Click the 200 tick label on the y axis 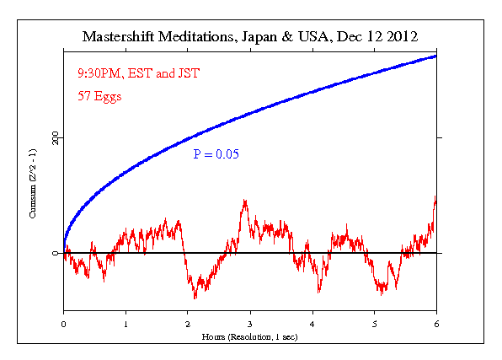click(x=56, y=137)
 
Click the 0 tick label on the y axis click(x=56, y=253)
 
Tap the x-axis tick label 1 click(x=125, y=323)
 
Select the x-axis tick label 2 click(x=188, y=323)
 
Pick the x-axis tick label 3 click(x=250, y=323)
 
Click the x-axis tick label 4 click(x=312, y=323)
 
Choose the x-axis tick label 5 click(x=375, y=323)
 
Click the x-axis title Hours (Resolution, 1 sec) click(x=250, y=336)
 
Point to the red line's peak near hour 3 click(x=244, y=201)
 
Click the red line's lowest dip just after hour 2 click(x=195, y=298)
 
